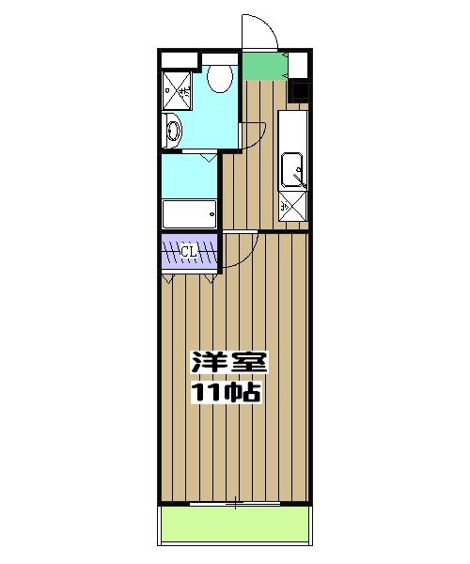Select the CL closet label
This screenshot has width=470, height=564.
click(x=188, y=251)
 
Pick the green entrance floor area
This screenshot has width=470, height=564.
click(x=264, y=66)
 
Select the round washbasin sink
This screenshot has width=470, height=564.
click(x=172, y=132)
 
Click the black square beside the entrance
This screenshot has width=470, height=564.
click(x=299, y=91)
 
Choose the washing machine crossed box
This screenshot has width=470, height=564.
click(x=176, y=91)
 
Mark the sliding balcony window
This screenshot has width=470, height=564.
click(x=235, y=504)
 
